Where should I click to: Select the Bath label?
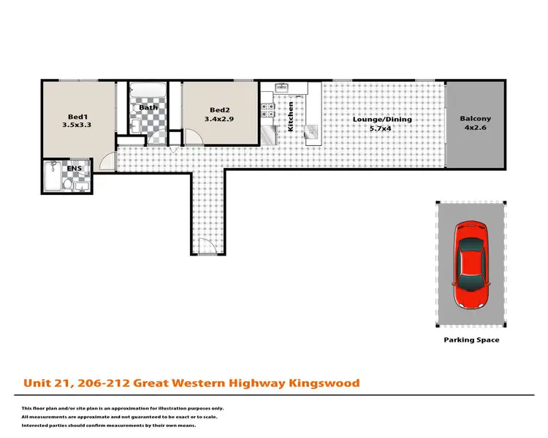[x=148, y=108]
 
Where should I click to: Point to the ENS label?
[x=75, y=169]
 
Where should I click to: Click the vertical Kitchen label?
[x=291, y=116]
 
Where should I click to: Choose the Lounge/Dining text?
[x=382, y=120]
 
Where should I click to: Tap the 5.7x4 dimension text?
[x=382, y=129]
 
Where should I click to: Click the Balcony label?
[x=475, y=119]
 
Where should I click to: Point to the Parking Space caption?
[x=471, y=340]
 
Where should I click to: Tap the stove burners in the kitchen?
[x=268, y=111]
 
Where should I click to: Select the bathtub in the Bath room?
[x=148, y=93]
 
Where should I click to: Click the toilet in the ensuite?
[x=67, y=185]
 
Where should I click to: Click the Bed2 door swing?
[x=193, y=139]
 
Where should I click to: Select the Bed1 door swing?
[x=108, y=162]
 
